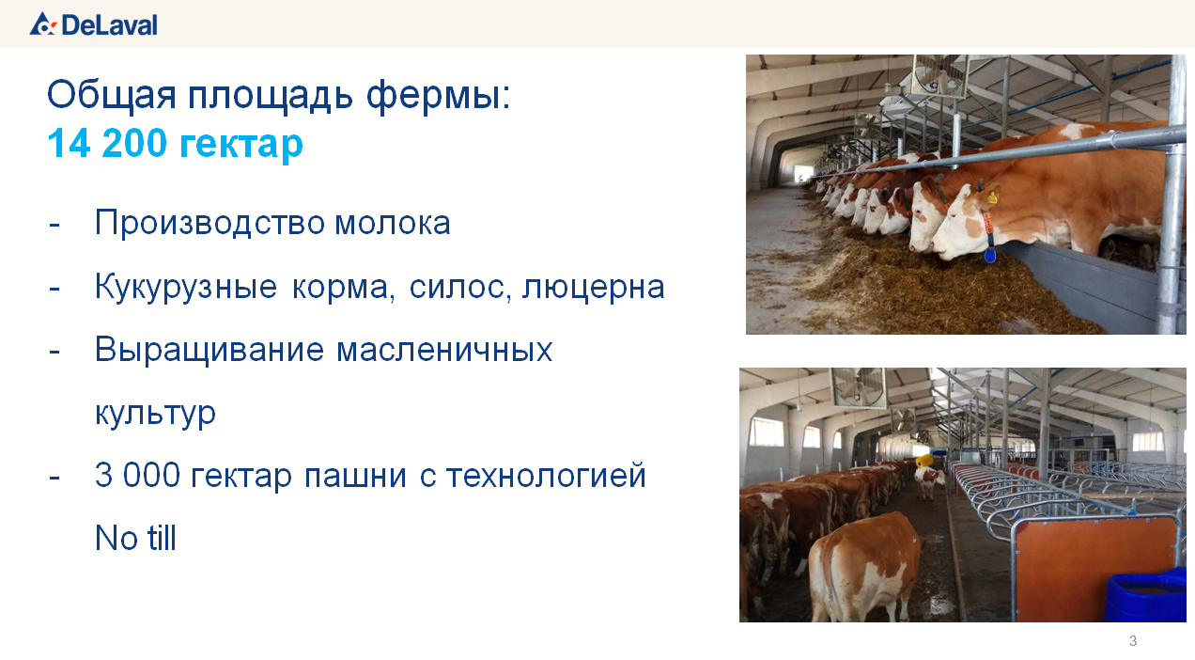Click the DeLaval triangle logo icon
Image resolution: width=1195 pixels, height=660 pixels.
(x=42, y=24)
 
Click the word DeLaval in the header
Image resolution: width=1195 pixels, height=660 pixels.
(x=109, y=25)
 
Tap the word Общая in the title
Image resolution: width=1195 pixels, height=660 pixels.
(x=112, y=96)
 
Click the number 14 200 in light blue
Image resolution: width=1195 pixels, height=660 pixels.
(x=107, y=143)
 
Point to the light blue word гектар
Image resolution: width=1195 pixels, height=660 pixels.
(x=241, y=145)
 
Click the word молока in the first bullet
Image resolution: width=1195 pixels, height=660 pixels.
(x=392, y=223)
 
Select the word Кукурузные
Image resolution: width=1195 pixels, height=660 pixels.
(x=186, y=287)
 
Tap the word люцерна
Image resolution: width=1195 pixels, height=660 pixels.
(x=593, y=288)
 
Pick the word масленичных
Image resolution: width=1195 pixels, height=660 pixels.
(x=444, y=351)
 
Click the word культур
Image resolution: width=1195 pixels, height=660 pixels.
(x=155, y=414)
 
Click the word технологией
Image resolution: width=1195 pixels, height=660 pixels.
(x=546, y=476)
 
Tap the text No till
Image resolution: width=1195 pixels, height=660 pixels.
(x=135, y=538)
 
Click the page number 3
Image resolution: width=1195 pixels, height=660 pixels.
(x=1133, y=640)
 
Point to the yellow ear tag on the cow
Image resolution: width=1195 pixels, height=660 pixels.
(x=992, y=196)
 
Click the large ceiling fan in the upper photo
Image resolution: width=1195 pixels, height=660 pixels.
(x=939, y=76)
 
